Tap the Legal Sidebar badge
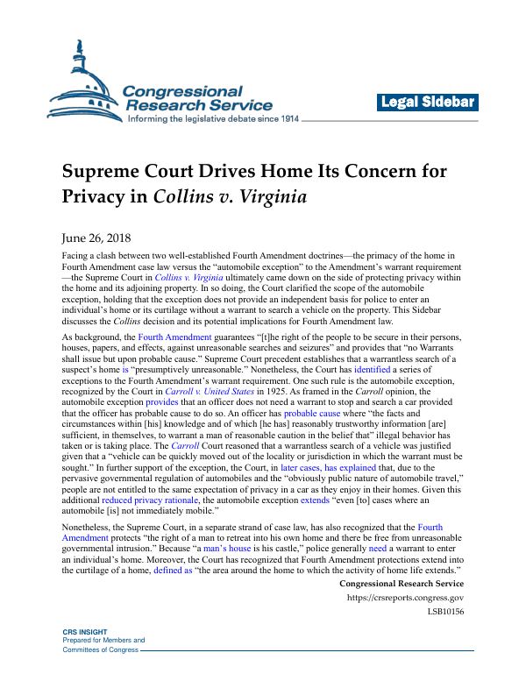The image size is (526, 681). [x=427, y=102]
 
